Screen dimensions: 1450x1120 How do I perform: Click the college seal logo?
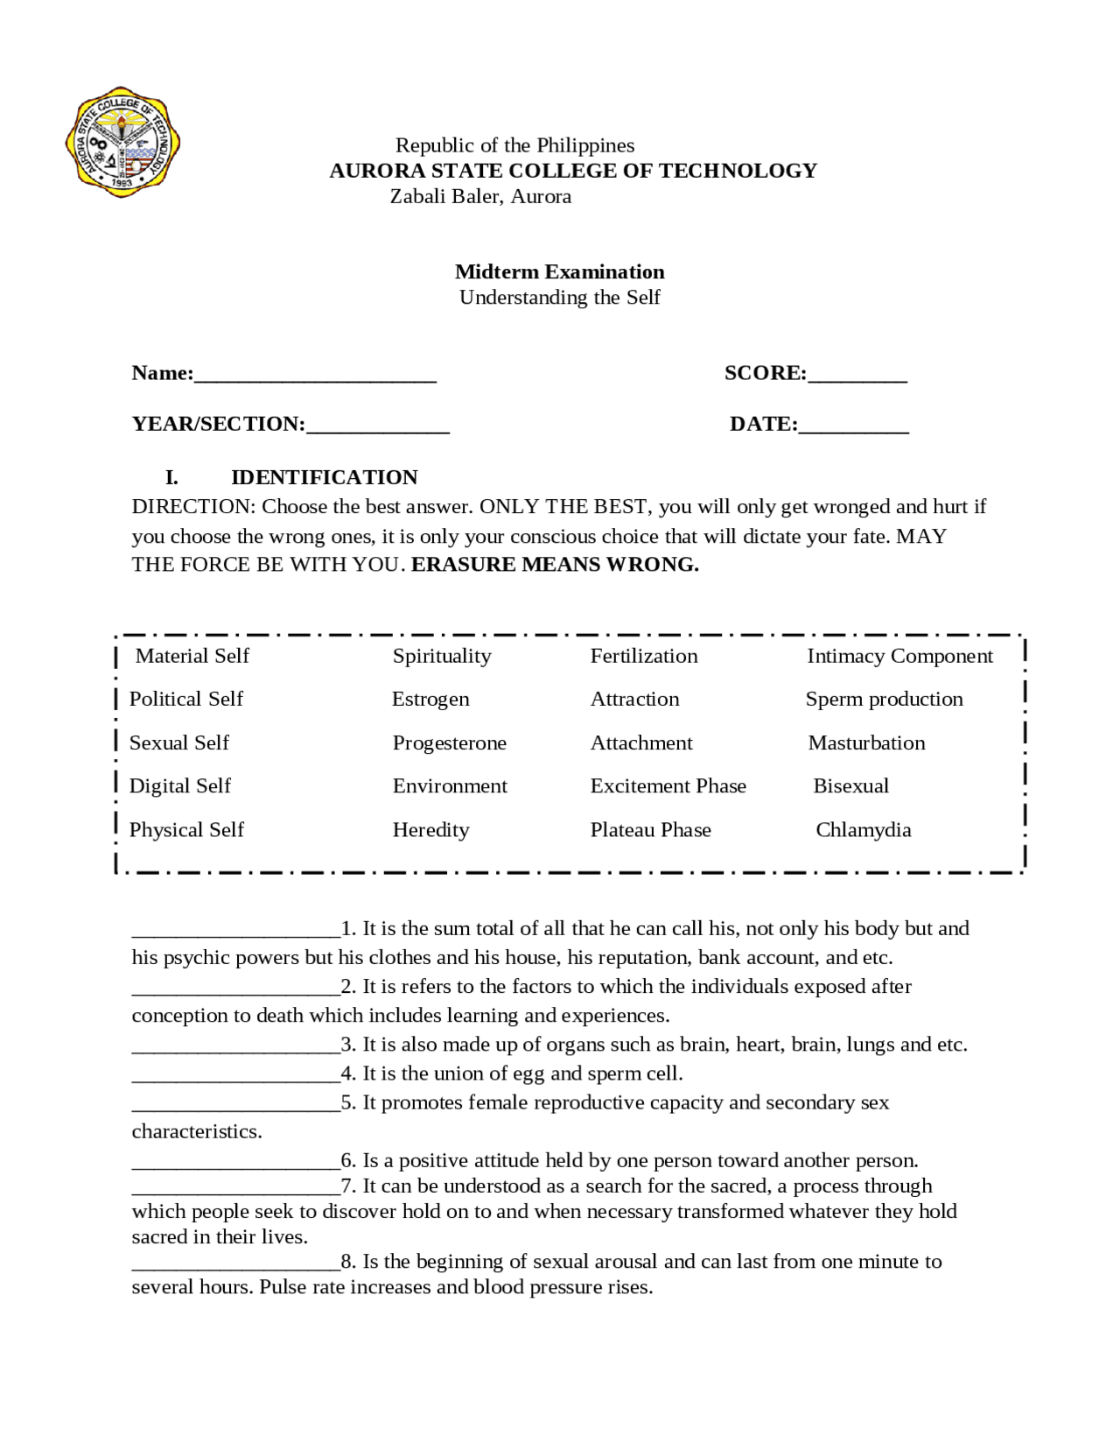pos(122,142)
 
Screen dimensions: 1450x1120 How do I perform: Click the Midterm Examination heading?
pos(559,271)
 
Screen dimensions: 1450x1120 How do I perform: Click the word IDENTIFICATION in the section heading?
pos(324,477)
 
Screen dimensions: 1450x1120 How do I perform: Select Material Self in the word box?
pos(192,656)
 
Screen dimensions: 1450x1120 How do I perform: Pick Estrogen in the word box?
pos(430,699)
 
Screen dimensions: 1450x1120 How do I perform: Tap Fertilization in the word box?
pos(644,656)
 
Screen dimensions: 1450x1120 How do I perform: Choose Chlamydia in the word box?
pos(864,829)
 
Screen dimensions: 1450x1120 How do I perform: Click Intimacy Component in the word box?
pos(899,656)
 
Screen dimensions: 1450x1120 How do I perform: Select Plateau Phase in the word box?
pos(650,829)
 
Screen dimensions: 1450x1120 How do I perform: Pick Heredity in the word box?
pos(430,829)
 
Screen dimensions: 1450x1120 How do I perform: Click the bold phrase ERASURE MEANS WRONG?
pos(555,565)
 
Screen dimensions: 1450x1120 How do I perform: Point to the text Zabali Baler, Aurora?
pos(480,196)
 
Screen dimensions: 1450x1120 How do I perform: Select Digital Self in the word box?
pos(179,785)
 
